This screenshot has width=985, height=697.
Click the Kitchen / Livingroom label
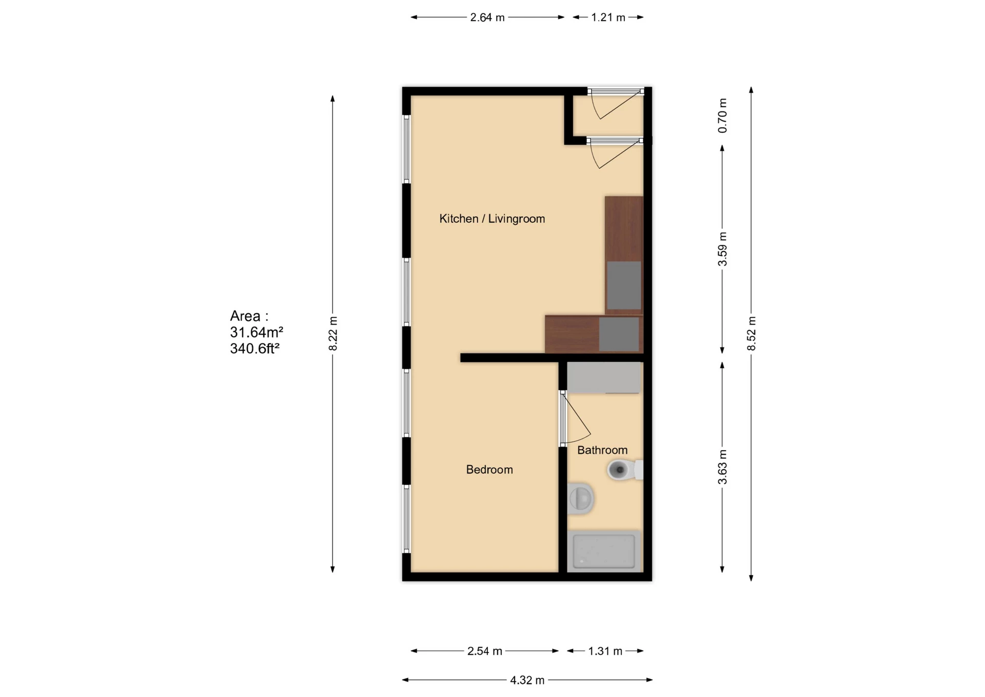[x=491, y=219]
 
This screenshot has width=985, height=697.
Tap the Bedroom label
[x=489, y=470]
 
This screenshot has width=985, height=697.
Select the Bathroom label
[x=602, y=450]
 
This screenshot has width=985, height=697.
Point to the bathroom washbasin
[x=581, y=498]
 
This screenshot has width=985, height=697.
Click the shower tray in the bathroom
[x=603, y=551]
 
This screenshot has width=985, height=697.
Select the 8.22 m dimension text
[x=333, y=334]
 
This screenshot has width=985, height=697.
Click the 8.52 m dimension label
[x=752, y=334]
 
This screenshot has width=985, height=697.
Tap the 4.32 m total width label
[x=527, y=680]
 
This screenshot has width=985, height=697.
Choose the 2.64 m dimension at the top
[x=487, y=17]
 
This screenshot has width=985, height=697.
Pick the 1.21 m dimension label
[x=608, y=17]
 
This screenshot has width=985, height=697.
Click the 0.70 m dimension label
[x=722, y=115]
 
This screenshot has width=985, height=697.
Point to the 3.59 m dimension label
[x=722, y=249]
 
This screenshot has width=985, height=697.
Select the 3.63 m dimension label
[x=722, y=467]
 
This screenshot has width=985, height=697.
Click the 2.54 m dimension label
[x=484, y=651]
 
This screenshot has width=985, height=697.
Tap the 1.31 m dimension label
[x=605, y=651]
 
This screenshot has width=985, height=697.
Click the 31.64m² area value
[x=256, y=333]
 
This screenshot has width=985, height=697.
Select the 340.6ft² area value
[x=254, y=349]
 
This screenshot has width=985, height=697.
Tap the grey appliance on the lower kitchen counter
[x=619, y=334]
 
